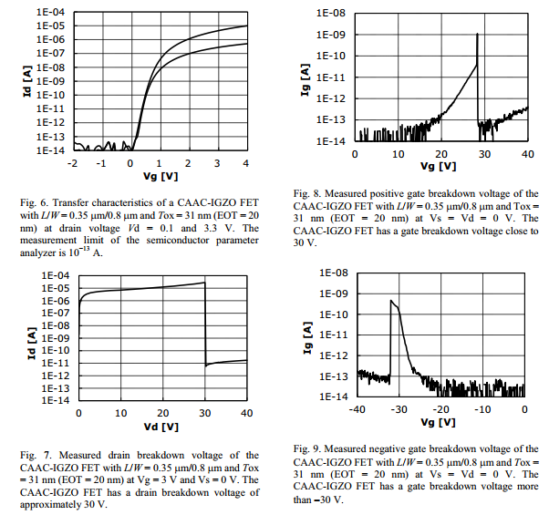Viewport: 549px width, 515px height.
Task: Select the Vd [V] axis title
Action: [x=162, y=427]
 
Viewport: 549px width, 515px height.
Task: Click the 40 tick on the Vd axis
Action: [x=246, y=413]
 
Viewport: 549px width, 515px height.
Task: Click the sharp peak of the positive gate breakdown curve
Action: [x=477, y=35]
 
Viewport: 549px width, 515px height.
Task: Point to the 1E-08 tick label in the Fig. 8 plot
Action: [x=329, y=13]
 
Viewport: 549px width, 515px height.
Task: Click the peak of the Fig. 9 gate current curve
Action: [x=391, y=300]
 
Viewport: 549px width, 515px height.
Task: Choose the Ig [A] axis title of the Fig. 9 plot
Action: [x=307, y=334]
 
